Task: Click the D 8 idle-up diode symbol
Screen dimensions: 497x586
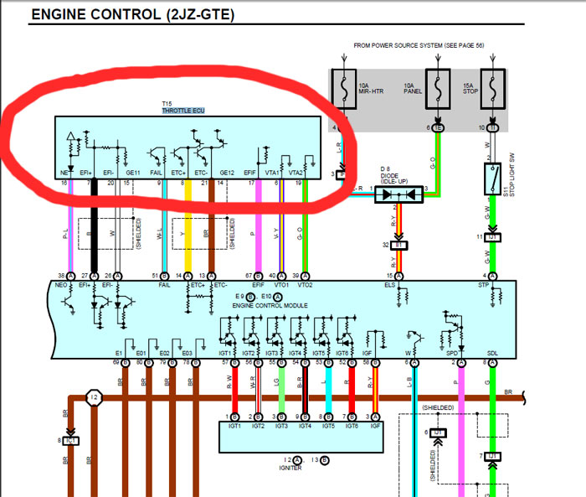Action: tap(398, 194)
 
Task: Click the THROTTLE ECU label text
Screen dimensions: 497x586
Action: tap(182, 111)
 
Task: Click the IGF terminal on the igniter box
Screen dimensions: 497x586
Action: tap(374, 426)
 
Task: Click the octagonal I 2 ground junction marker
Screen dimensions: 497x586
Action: tap(95, 397)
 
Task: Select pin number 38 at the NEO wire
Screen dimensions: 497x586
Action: tap(61, 276)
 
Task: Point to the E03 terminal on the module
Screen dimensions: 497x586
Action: tap(187, 354)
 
